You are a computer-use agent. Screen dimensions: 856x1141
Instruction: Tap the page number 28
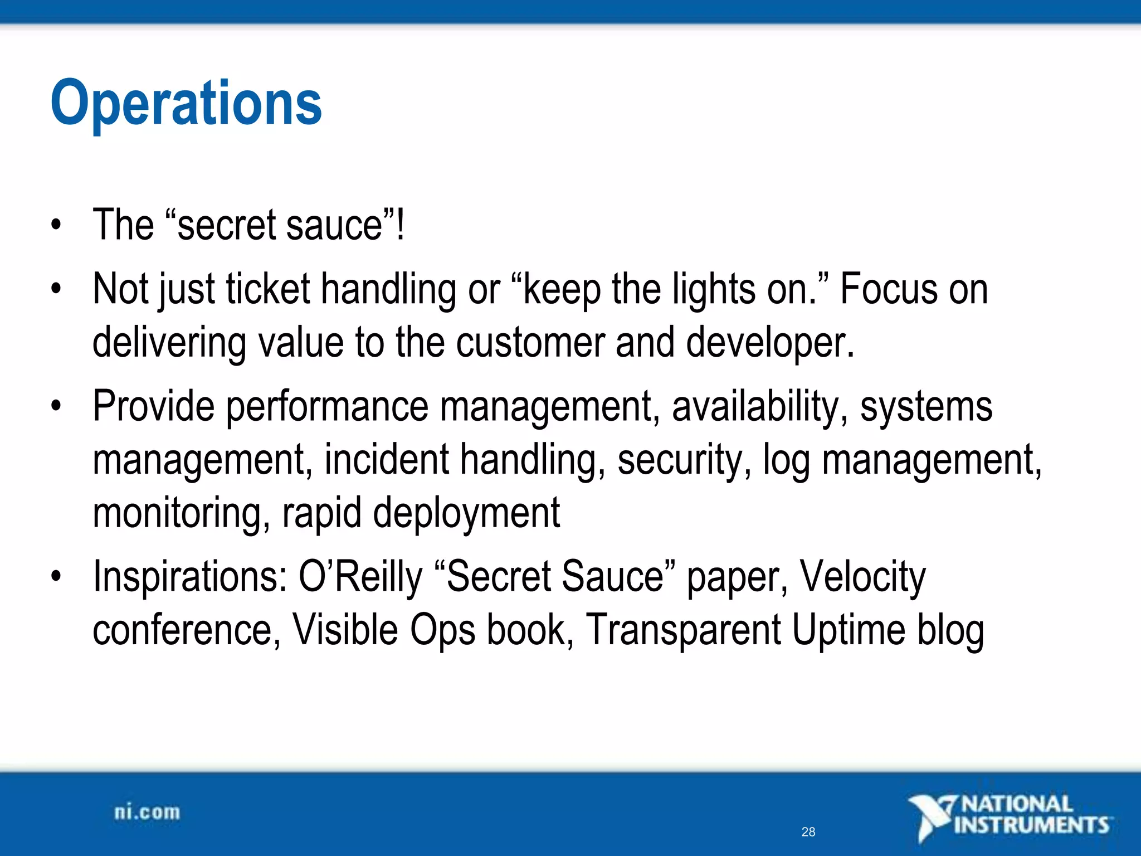click(808, 832)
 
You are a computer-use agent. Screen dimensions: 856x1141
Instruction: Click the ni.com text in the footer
click(147, 813)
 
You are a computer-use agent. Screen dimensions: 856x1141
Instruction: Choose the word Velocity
click(863, 577)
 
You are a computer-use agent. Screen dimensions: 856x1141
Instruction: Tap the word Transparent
click(684, 630)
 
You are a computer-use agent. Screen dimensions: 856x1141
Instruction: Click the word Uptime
click(849, 630)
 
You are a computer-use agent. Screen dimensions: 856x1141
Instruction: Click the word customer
click(530, 342)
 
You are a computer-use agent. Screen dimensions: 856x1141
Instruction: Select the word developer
click(769, 342)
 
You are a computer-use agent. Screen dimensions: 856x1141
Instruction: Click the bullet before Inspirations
click(56, 576)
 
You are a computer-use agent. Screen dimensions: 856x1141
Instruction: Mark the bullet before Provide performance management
click(56, 406)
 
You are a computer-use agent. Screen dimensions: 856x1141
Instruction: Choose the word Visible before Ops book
click(345, 630)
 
